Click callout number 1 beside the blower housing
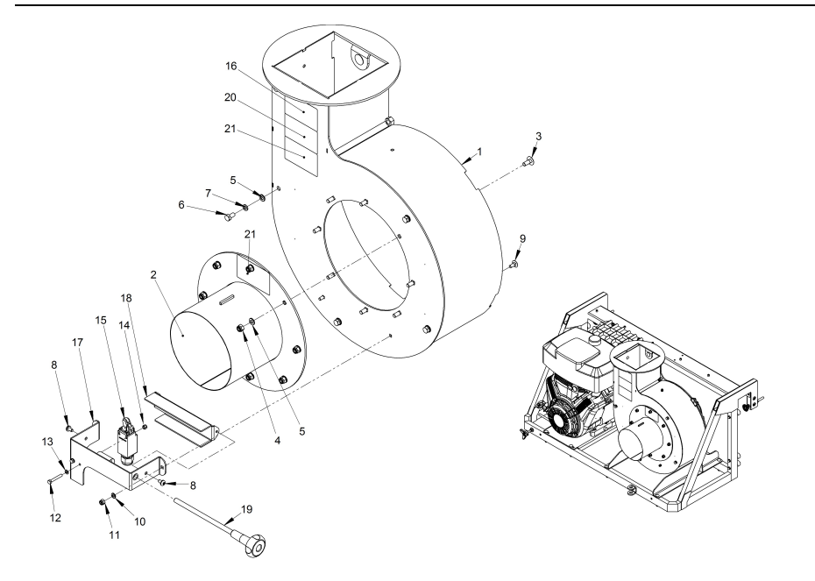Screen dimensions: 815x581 coord(479,152)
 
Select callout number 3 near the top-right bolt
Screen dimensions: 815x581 coord(538,136)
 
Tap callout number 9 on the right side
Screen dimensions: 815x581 coord(523,238)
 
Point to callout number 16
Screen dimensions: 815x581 coord(230,66)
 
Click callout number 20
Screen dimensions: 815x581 coord(230,97)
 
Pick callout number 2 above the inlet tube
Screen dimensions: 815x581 coord(153,274)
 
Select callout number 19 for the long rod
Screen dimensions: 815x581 coord(246,509)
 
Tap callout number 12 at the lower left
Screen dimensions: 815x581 coord(55,518)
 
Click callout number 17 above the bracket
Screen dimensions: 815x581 coord(77,343)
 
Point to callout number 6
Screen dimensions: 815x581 coord(181,205)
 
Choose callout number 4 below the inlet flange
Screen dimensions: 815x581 coord(278,441)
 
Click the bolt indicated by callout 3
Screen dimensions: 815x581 coord(528,162)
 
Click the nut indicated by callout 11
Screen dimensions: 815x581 coord(103,501)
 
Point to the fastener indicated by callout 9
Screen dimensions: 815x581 coord(513,265)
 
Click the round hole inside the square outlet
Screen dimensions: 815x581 coord(358,60)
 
